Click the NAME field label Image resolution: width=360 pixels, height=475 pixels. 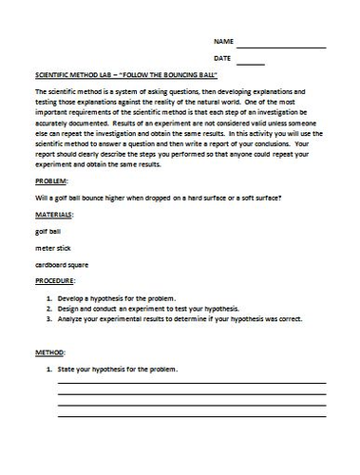222,43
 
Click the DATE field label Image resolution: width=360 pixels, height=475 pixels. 222,60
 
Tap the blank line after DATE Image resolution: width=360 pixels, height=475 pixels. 251,64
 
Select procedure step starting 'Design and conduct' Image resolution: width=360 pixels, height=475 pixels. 152,309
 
